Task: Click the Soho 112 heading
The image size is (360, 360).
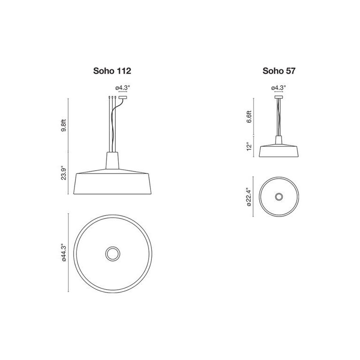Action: click(112, 71)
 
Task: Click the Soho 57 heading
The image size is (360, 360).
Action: click(279, 71)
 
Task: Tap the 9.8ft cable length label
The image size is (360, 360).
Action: click(65, 125)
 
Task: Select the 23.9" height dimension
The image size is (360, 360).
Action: click(65, 172)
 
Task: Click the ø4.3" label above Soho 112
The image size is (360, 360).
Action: click(123, 88)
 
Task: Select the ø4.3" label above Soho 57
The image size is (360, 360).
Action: click(278, 88)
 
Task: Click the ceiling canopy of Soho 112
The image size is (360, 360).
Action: click(123, 97)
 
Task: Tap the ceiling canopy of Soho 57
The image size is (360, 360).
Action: click(279, 97)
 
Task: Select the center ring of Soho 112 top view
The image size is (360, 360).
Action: click(112, 254)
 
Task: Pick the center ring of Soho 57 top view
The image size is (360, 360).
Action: click(279, 196)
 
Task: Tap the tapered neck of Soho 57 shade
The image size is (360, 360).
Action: click(279, 140)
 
